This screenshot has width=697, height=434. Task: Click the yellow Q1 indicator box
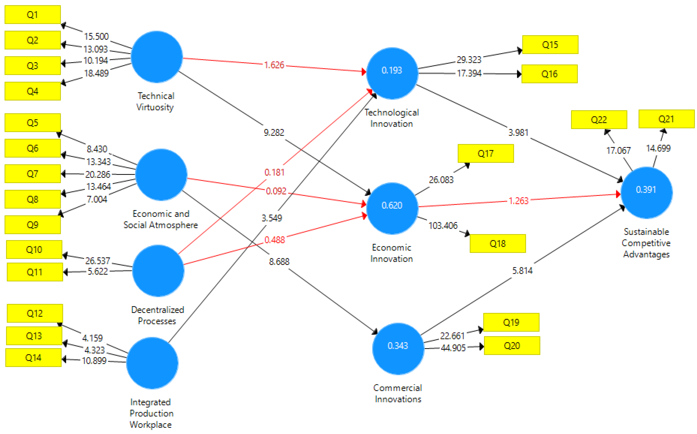[32, 15]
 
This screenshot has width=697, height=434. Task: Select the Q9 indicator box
[32, 225]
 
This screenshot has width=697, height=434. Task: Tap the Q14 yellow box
[33, 358]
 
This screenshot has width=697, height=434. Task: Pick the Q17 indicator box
[485, 154]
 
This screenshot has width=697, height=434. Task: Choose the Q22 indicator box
[599, 120]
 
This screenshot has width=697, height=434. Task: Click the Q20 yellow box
[512, 346]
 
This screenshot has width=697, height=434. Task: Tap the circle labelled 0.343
[398, 349]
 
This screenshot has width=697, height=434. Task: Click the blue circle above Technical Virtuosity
[157, 57]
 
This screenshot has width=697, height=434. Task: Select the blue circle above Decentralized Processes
[158, 271]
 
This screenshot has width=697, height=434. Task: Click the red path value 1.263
[518, 201]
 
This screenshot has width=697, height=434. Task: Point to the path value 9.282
[274, 133]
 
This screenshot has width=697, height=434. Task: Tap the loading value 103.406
[443, 226]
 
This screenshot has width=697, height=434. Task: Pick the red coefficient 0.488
[274, 240]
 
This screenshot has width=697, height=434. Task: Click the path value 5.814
[522, 271]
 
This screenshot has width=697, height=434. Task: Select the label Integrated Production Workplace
[151, 413]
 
